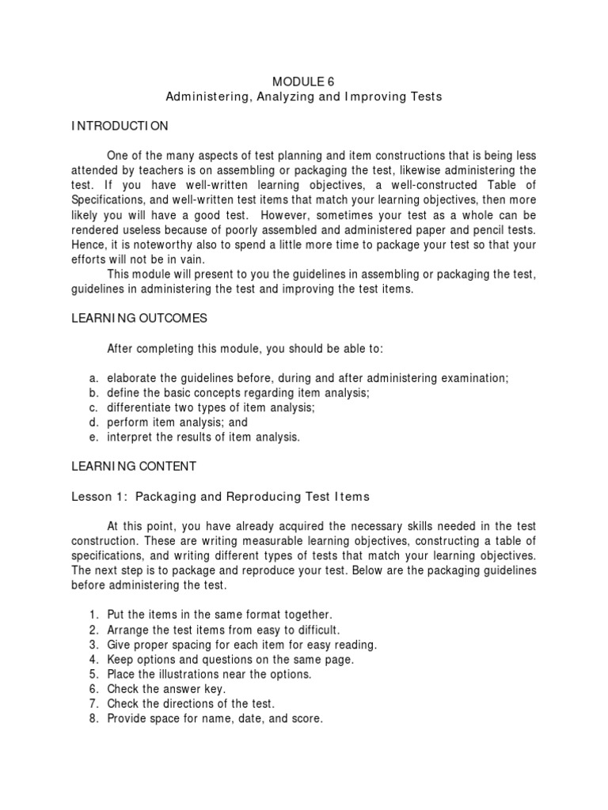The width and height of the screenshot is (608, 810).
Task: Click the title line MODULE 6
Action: pyautogui.click(x=303, y=81)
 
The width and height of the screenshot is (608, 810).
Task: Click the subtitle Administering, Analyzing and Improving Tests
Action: pyautogui.click(x=303, y=97)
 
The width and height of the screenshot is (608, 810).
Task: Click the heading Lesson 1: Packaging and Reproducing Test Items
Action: pyautogui.click(x=221, y=497)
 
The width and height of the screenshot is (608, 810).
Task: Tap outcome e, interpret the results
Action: pyautogui.click(x=203, y=437)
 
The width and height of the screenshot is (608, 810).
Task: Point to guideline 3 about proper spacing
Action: pyautogui.click(x=242, y=645)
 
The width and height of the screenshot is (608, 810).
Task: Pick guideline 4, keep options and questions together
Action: pyautogui.click(x=230, y=659)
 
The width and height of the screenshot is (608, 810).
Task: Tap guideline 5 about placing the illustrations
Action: pyautogui.click(x=209, y=674)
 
